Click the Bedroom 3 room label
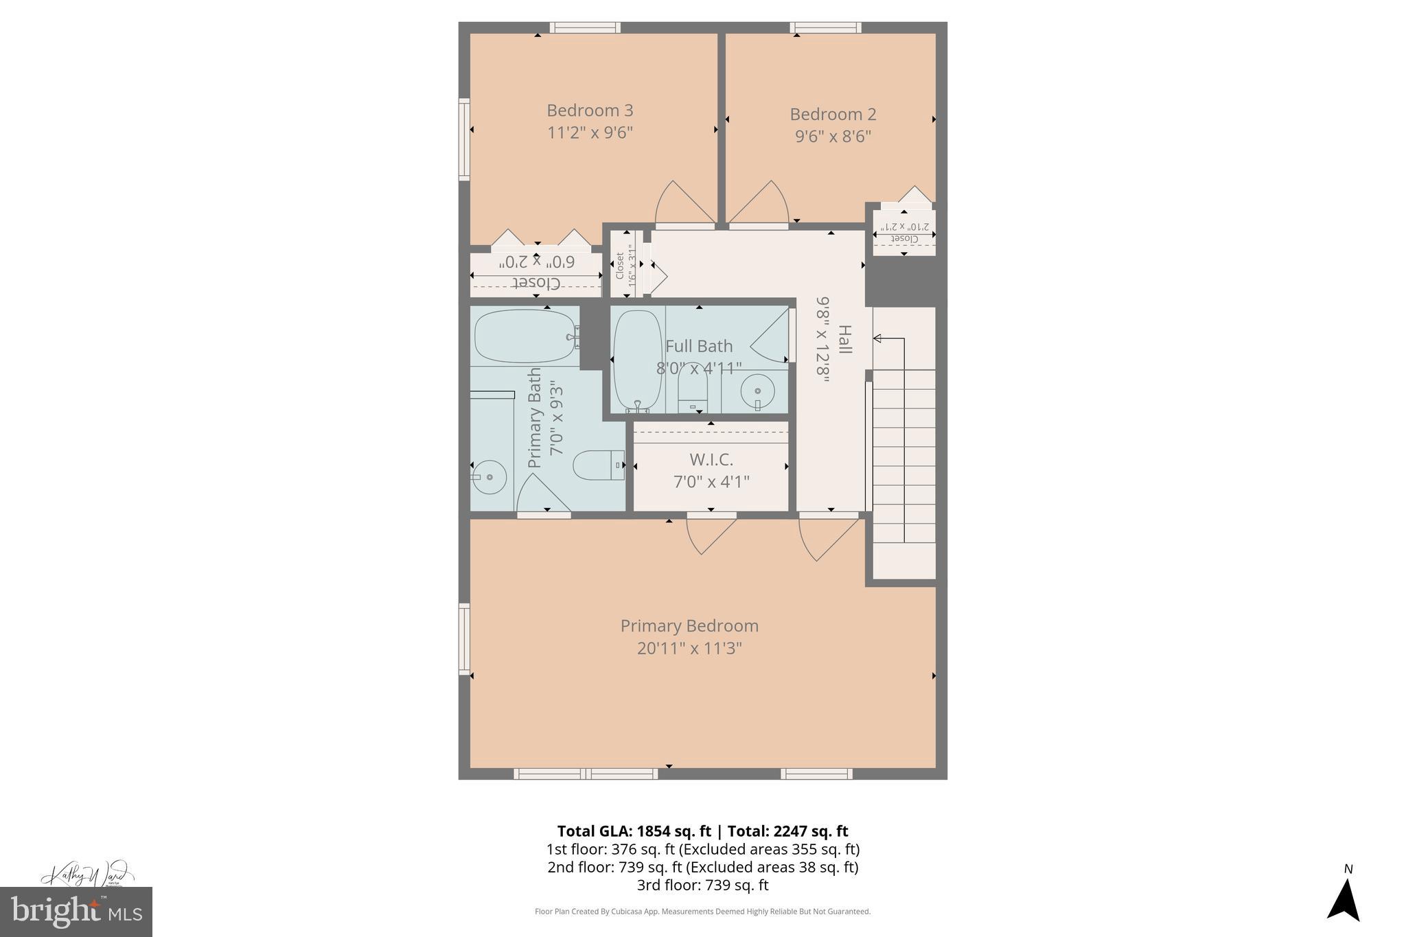(x=590, y=111)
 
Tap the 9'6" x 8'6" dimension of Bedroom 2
(x=833, y=137)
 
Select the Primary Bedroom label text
(x=689, y=626)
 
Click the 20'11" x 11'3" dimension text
(x=689, y=648)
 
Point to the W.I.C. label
(x=711, y=459)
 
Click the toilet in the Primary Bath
(x=597, y=465)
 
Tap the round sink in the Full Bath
(x=757, y=392)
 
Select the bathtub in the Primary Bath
(x=526, y=336)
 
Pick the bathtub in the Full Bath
(x=637, y=360)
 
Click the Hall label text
(x=844, y=339)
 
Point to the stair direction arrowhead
(x=877, y=338)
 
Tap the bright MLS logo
(x=76, y=912)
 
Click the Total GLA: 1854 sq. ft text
(x=634, y=831)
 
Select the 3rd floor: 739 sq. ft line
(x=702, y=885)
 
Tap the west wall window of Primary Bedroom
(x=465, y=639)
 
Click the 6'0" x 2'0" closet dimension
(x=537, y=262)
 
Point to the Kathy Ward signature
(x=85, y=875)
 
